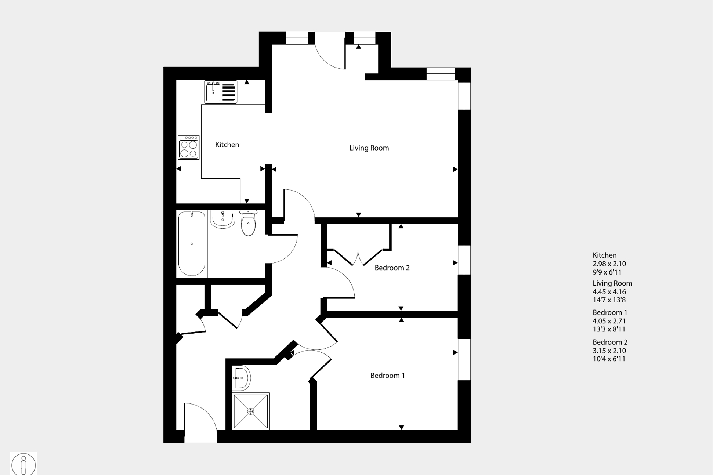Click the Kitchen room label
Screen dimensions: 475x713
click(x=227, y=145)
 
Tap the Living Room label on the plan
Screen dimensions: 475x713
click(x=369, y=148)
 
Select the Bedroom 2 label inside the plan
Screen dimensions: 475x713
click(x=392, y=268)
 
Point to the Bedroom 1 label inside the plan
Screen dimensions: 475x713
click(x=387, y=376)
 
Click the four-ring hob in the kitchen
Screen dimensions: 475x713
click(x=189, y=148)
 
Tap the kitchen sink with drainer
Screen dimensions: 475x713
click(x=221, y=92)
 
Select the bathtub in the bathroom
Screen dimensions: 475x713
click(x=192, y=244)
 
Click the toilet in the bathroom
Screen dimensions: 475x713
click(x=249, y=223)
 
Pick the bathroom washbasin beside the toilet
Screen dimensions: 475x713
click(x=222, y=219)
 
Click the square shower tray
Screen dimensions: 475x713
click(x=251, y=411)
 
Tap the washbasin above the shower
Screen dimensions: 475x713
click(x=241, y=378)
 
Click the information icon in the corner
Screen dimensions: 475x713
click(x=23, y=464)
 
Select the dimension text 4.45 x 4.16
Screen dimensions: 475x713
click(x=609, y=292)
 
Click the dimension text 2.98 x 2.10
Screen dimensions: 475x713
click(x=609, y=264)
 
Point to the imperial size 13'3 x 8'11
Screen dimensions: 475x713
click(x=609, y=329)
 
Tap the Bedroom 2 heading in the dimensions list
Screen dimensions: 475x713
click(x=610, y=342)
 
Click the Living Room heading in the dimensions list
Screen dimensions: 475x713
click(x=612, y=283)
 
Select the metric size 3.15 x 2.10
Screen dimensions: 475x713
click(x=609, y=351)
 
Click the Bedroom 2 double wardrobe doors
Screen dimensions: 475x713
click(x=358, y=257)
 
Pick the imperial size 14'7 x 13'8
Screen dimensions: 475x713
click(x=609, y=300)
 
